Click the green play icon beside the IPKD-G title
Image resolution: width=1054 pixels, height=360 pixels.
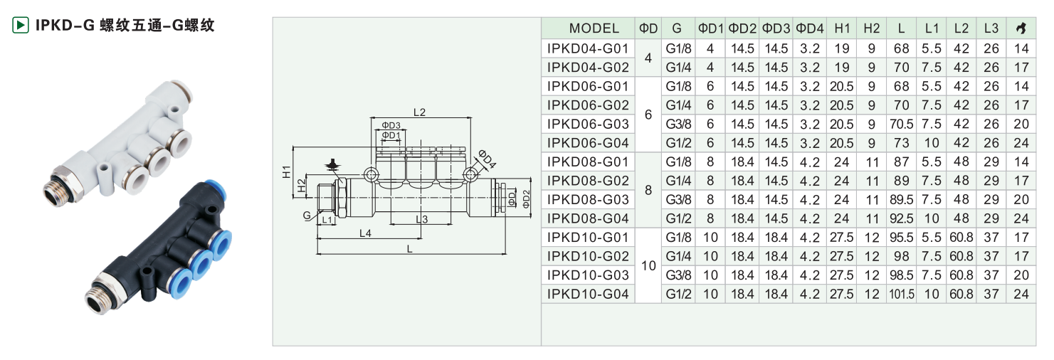tap(20, 25)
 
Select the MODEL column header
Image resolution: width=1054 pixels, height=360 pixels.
tap(594, 28)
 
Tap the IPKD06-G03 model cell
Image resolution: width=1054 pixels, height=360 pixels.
tap(588, 124)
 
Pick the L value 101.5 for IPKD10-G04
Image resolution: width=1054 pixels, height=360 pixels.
tap(901, 294)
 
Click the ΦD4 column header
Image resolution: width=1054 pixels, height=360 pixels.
tap(809, 28)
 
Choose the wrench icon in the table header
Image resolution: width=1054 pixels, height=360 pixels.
tap(1021, 28)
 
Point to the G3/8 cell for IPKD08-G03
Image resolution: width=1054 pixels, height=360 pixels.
tap(678, 199)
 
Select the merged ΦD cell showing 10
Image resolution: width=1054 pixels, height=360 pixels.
tap(648, 265)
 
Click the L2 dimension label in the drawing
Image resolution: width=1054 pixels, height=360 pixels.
tap(419, 112)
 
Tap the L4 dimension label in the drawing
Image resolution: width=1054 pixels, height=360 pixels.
tap(365, 233)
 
